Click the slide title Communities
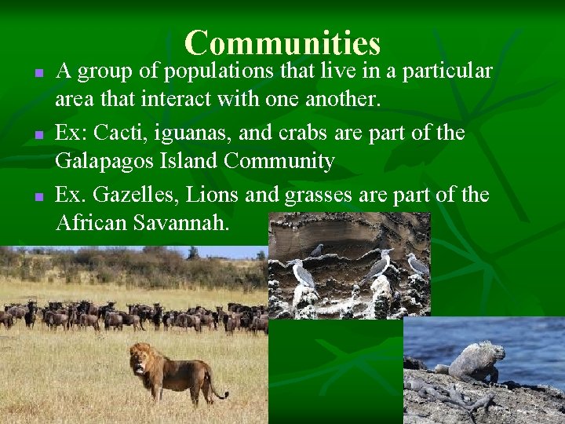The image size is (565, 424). (282, 42)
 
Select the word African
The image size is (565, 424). (91, 223)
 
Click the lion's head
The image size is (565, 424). (142, 359)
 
